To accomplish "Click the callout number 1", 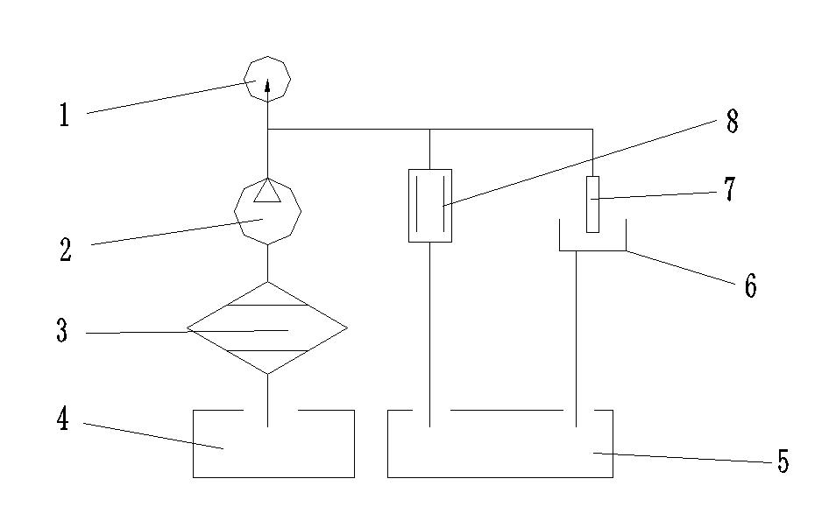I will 64,115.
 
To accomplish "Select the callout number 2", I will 66,250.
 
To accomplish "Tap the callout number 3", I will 61,332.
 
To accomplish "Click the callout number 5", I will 783,461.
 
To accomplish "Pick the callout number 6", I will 750,285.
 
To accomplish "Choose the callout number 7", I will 729,190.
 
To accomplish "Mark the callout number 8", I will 733,121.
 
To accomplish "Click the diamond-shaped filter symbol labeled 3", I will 267,328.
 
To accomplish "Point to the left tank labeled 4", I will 273,447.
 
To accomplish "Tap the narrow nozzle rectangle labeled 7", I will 592,203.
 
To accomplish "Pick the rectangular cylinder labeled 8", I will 430,206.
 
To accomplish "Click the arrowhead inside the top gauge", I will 267,83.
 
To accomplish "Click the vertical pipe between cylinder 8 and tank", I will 430,333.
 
